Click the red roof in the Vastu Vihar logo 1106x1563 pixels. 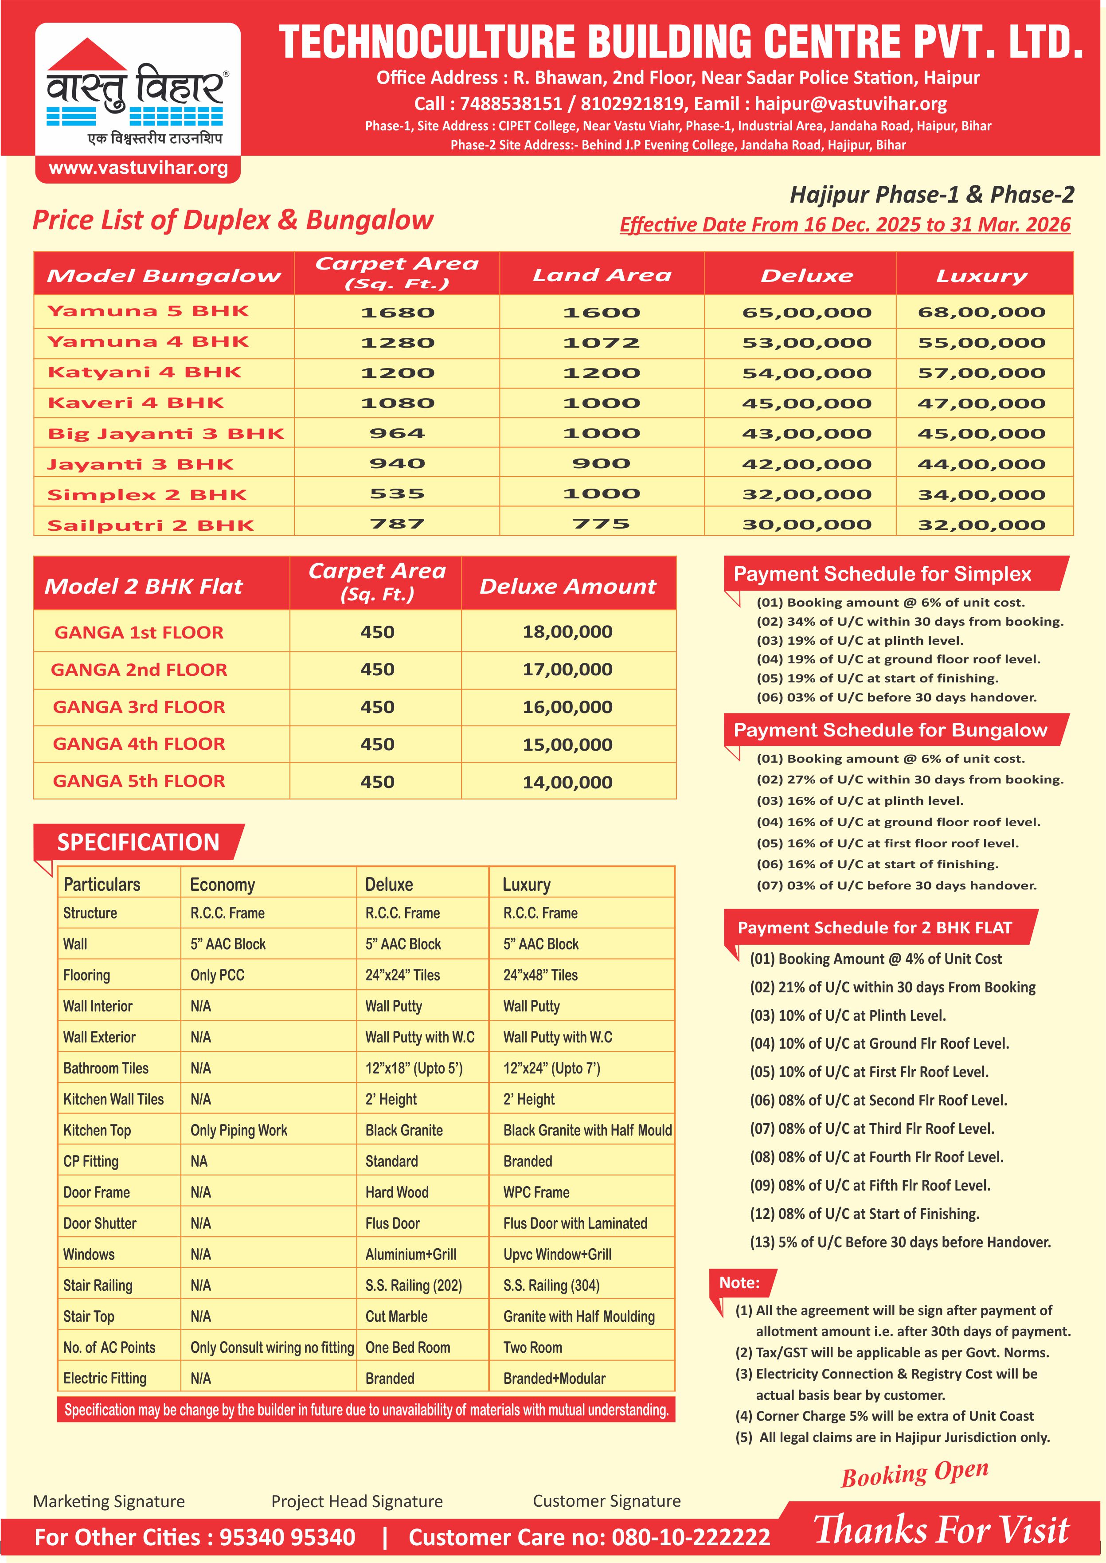(87, 55)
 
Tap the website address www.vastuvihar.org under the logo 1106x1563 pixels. (138, 168)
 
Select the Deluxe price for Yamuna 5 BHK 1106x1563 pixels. (806, 313)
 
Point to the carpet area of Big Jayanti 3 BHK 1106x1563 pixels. (397, 433)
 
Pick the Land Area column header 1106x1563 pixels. (602, 275)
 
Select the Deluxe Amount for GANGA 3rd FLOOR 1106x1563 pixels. (567, 707)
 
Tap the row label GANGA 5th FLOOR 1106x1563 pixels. (139, 781)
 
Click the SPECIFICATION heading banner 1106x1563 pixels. (138, 842)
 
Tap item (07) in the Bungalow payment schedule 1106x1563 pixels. (896, 885)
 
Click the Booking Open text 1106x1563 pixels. (915, 1474)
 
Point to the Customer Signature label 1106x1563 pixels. (606, 1501)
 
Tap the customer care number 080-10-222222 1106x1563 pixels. (691, 1537)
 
